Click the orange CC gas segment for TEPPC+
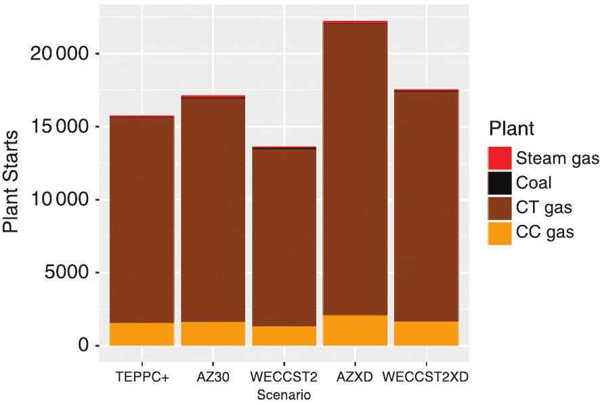pyautogui.click(x=142, y=334)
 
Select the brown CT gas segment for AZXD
pyautogui.click(x=355, y=169)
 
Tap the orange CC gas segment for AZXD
pyautogui.click(x=355, y=331)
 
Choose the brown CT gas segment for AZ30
pyautogui.click(x=213, y=210)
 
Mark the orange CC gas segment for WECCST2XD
pyautogui.click(x=426, y=333)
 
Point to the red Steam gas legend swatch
pyautogui.click(x=499, y=158)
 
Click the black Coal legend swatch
pyautogui.click(x=499, y=183)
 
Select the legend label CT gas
pyautogui.click(x=544, y=207)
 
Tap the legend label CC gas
pyautogui.click(x=544, y=232)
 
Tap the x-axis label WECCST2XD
pyautogui.click(x=425, y=377)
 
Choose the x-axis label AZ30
pyautogui.click(x=213, y=377)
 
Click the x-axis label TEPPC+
pyautogui.click(x=142, y=377)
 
